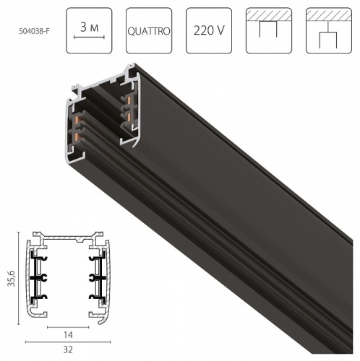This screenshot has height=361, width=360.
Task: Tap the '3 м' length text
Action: [90, 25]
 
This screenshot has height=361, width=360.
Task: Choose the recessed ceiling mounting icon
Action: [270, 31]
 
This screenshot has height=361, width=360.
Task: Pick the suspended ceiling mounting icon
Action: [329, 31]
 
